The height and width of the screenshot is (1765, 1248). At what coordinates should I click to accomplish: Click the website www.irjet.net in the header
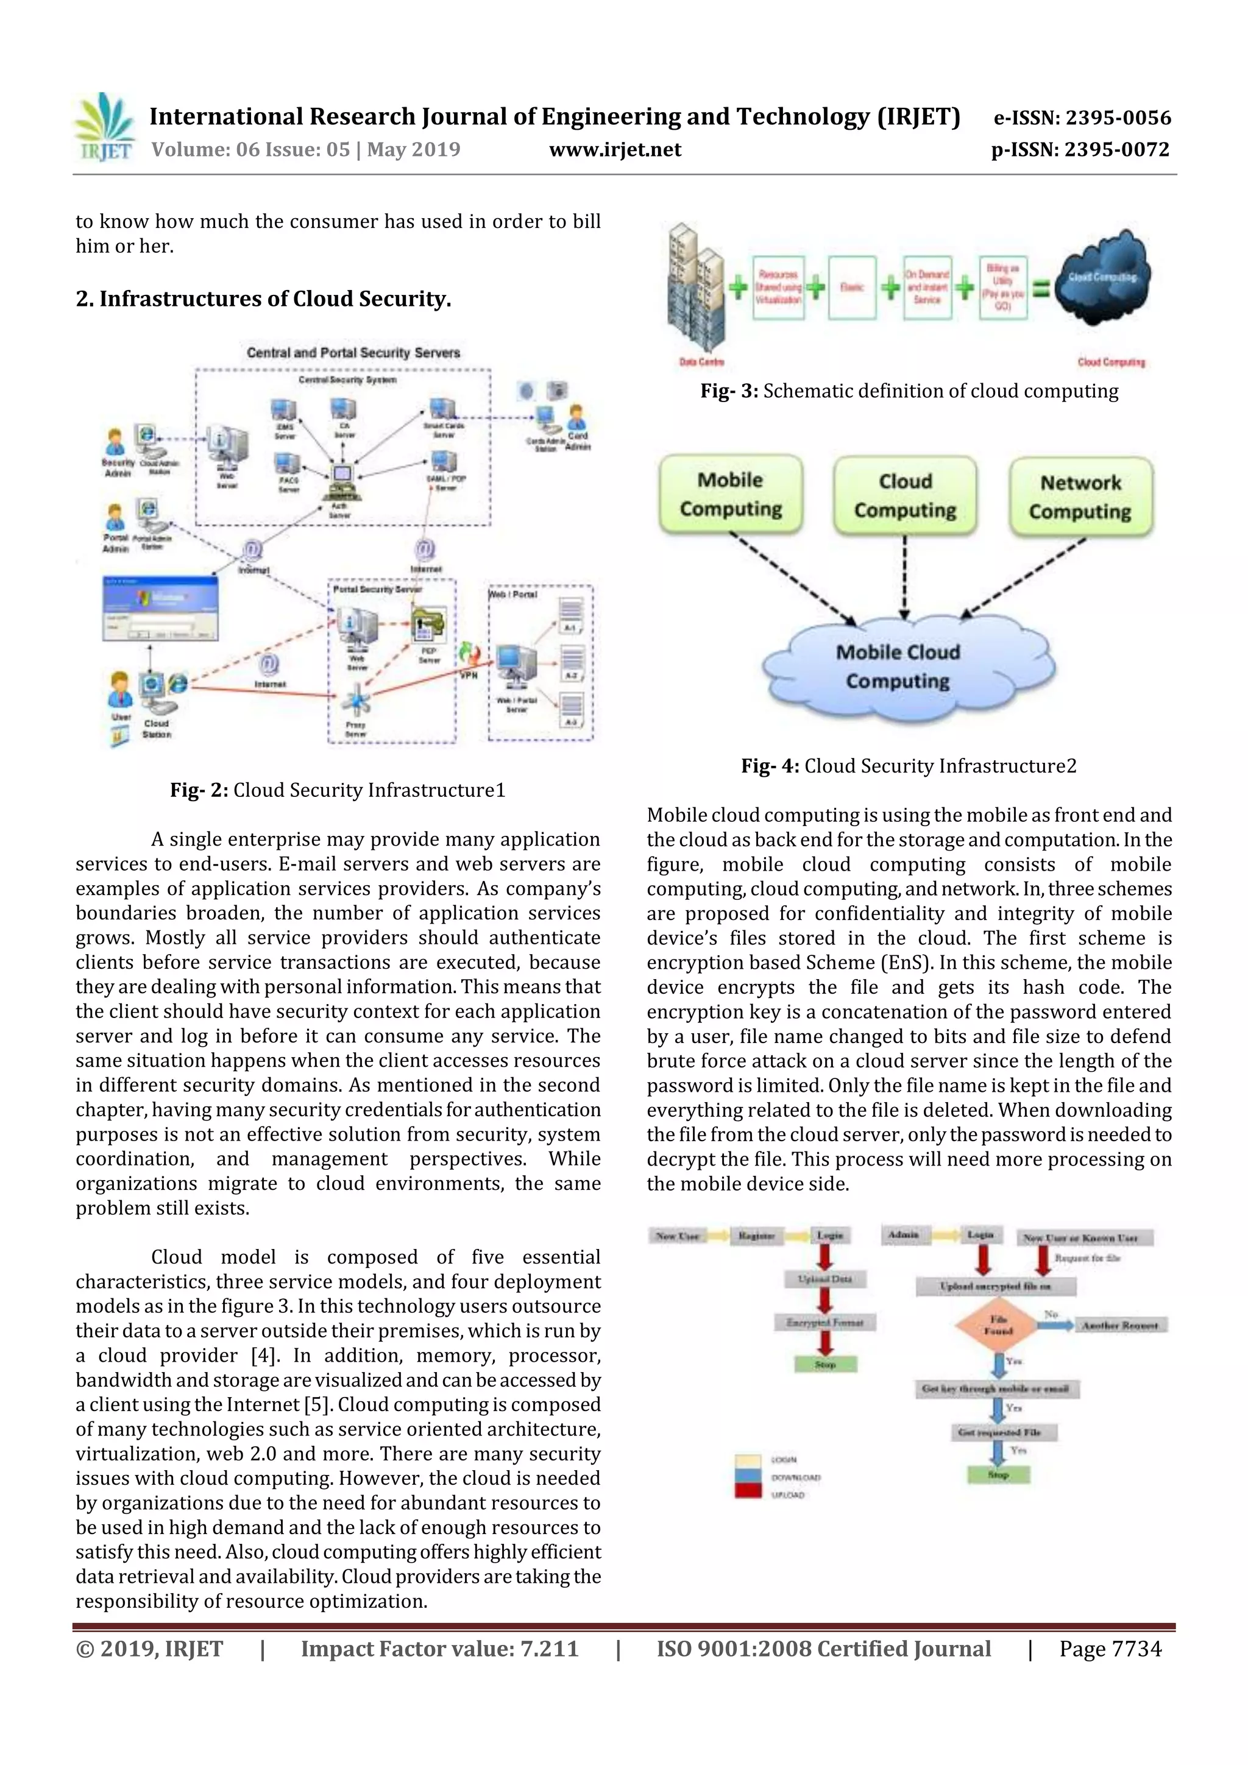pyautogui.click(x=614, y=150)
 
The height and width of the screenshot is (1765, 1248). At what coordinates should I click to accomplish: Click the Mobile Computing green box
pyautogui.click(x=731, y=494)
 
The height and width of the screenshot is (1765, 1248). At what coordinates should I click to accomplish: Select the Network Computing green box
pyautogui.click(x=1080, y=497)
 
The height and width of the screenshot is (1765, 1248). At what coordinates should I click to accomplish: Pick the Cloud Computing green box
pyautogui.click(x=905, y=495)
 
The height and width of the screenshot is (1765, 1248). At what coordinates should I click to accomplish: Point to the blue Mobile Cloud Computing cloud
pyautogui.click(x=898, y=666)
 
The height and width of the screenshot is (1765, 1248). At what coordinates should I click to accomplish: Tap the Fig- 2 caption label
pyautogui.click(x=199, y=790)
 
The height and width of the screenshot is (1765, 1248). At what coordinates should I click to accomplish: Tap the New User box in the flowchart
pyautogui.click(x=678, y=1236)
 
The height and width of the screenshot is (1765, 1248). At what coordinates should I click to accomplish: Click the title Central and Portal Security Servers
pyautogui.click(x=353, y=353)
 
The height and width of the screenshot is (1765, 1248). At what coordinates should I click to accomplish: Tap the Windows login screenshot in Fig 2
pyautogui.click(x=160, y=607)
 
